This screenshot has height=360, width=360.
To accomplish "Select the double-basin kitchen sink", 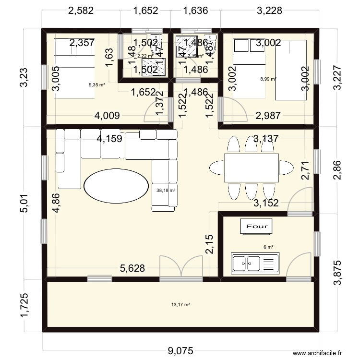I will pyautogui.click(x=254, y=263).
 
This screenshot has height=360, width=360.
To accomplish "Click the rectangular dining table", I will pyautogui.click(x=251, y=168).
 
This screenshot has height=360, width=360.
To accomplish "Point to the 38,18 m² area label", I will pyautogui.click(x=166, y=190).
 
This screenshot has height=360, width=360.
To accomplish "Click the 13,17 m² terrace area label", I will pyautogui.click(x=180, y=304).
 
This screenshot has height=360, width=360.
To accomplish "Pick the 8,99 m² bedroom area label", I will pyautogui.click(x=268, y=79).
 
